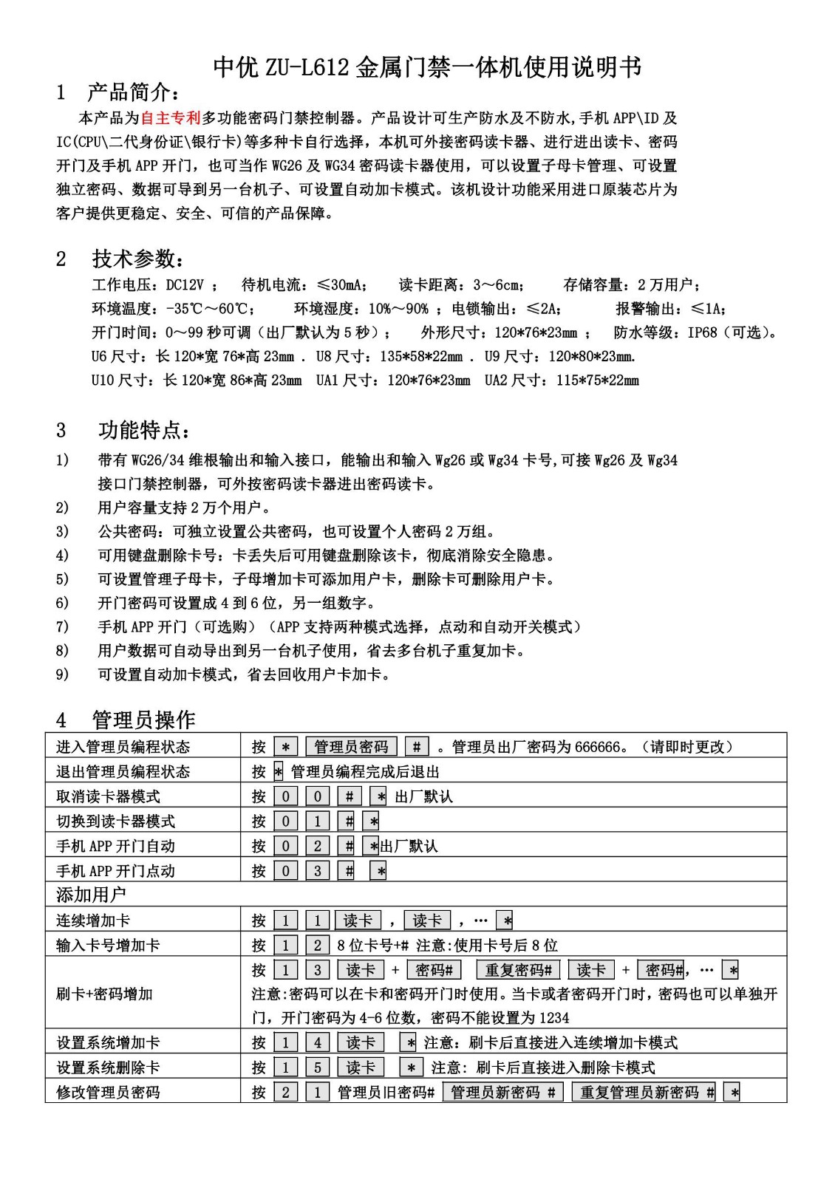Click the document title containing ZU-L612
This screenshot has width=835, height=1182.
427,67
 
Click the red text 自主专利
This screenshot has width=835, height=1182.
171,117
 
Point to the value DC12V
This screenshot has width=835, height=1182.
185,285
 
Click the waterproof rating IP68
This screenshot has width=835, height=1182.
702,332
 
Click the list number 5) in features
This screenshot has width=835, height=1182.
62,579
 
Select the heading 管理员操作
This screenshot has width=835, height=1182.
143,720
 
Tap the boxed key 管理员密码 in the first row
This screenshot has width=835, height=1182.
351,747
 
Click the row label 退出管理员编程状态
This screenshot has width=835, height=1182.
123,772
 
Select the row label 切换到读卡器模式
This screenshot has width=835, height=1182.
116,821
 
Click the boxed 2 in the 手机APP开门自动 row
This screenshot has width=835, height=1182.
318,846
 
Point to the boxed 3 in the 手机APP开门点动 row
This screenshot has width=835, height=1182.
318,871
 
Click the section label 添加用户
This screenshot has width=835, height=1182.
92,895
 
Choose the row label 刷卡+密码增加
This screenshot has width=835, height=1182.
105,994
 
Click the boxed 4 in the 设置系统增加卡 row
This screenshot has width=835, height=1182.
318,1042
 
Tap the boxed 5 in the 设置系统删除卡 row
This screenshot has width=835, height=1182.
318,1067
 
